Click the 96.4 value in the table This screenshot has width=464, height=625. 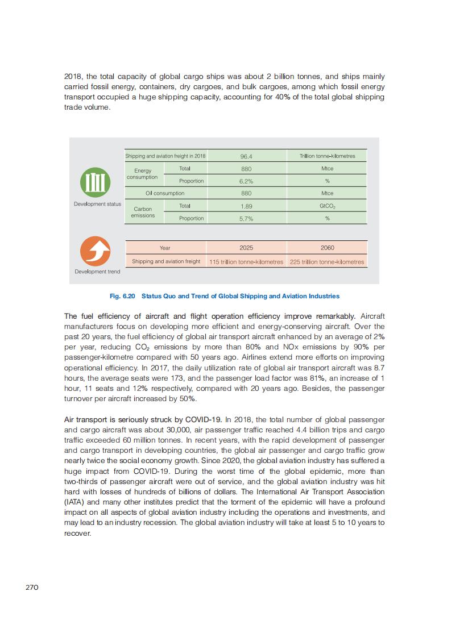(x=246, y=156)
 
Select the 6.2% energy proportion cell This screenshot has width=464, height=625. (x=246, y=181)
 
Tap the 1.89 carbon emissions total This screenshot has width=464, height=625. (x=246, y=206)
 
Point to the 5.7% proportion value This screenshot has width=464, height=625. (x=246, y=219)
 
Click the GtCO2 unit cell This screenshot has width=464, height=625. (x=327, y=206)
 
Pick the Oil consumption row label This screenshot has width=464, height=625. (x=165, y=193)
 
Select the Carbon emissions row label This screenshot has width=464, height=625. (x=143, y=212)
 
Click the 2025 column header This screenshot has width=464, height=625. (x=246, y=248)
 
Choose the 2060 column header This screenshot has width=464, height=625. (x=327, y=248)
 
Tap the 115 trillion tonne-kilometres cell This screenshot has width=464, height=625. (x=246, y=262)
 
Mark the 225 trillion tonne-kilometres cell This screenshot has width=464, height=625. (x=327, y=262)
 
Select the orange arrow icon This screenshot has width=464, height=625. (x=95, y=251)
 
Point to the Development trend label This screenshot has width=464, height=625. (x=97, y=272)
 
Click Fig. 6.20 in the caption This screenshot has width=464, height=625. (x=122, y=296)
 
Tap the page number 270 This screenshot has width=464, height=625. (x=32, y=587)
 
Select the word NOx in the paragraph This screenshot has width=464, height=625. (x=296, y=347)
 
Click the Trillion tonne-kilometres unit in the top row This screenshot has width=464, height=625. (x=327, y=156)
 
